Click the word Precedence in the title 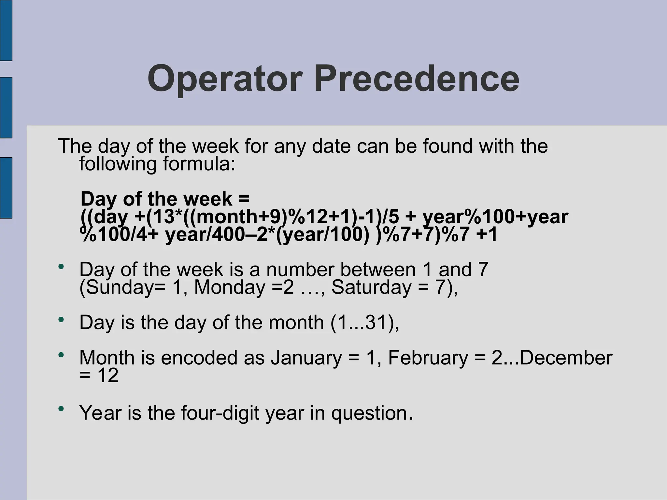pyautogui.click(x=417, y=79)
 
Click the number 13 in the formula pyautogui.click(x=163, y=217)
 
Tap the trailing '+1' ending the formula pyautogui.click(x=487, y=235)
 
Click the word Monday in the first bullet pyautogui.click(x=230, y=287)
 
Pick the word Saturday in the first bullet pyautogui.click(x=372, y=287)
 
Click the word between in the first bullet pyautogui.click(x=378, y=270)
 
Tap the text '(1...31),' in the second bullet pyautogui.click(x=364, y=323)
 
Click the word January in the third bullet pyautogui.click(x=306, y=358)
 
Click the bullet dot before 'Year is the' pyautogui.click(x=61, y=408)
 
